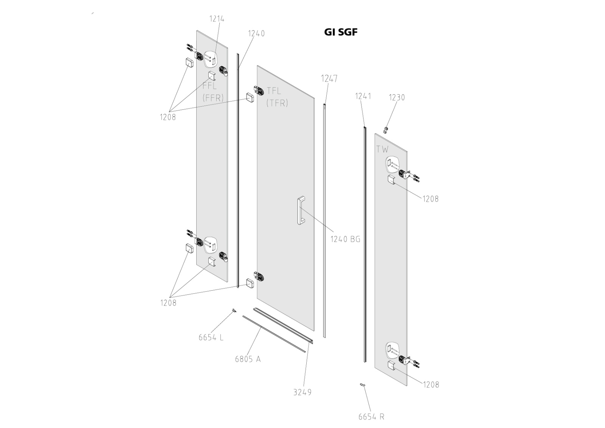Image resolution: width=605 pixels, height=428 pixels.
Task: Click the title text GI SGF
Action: tap(340, 32)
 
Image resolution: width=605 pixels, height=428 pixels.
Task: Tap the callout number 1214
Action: tap(217, 19)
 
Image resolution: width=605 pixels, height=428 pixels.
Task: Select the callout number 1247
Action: tap(329, 79)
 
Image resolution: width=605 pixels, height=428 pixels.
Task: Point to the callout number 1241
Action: tap(363, 96)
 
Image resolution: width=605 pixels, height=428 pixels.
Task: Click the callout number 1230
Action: tap(397, 98)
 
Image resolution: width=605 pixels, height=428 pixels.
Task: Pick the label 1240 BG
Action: tap(345, 239)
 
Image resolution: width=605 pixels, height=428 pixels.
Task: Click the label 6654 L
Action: tap(211, 337)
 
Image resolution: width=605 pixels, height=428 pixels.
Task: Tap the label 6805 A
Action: tap(248, 359)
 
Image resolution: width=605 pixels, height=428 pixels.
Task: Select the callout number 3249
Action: tap(302, 392)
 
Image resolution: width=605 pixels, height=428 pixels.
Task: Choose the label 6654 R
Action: tap(371, 417)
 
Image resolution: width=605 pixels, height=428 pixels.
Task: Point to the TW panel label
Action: tap(382, 149)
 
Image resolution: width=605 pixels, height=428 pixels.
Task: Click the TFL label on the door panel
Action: tap(274, 91)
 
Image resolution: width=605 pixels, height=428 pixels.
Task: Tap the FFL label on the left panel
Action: tap(209, 86)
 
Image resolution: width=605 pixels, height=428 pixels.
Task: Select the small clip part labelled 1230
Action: tap(386, 130)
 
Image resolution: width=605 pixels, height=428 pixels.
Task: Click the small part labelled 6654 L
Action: tap(234, 311)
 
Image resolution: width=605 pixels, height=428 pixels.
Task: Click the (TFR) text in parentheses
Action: tap(277, 103)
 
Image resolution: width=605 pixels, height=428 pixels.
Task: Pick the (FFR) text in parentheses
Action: tap(213, 98)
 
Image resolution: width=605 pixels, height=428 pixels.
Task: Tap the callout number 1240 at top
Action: tap(256, 33)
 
